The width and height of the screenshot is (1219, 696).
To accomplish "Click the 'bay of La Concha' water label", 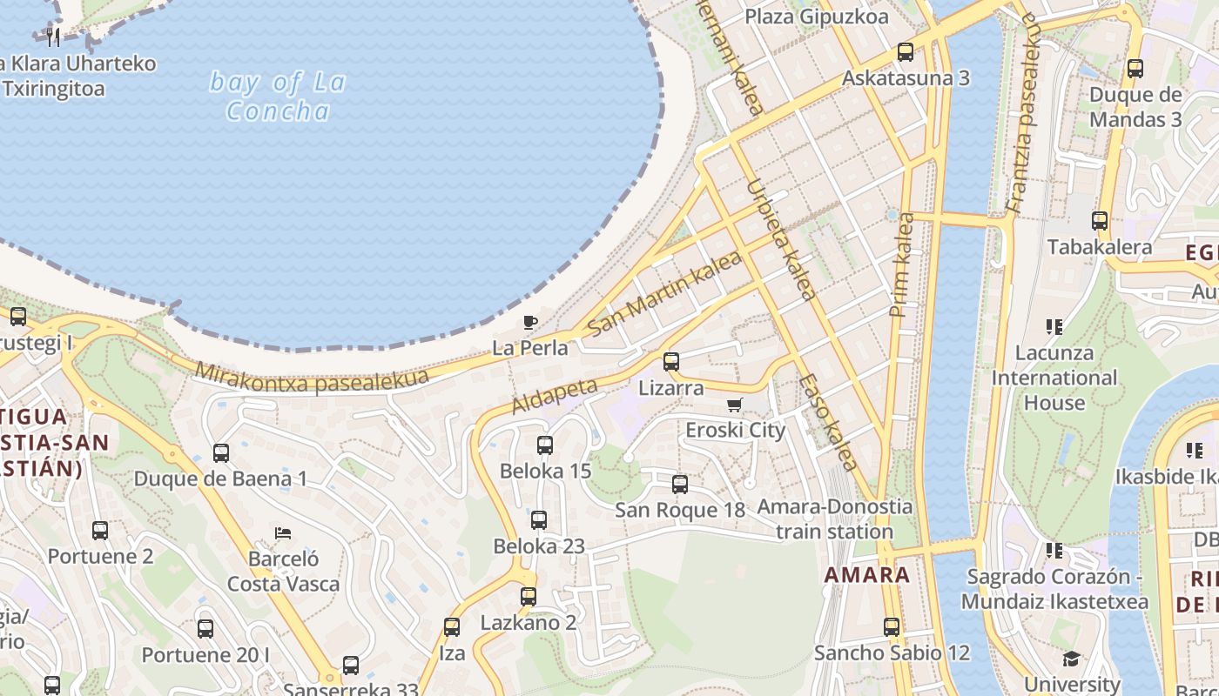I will [x=277, y=97].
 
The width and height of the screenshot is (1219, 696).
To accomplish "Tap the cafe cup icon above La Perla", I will [x=529, y=323].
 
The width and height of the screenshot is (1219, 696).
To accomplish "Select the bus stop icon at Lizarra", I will [x=670, y=362].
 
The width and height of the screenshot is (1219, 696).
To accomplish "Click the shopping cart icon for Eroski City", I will [x=735, y=405].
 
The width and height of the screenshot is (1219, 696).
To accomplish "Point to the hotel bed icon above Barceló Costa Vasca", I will [x=283, y=532].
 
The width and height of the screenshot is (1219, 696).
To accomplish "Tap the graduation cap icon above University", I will [x=1071, y=659].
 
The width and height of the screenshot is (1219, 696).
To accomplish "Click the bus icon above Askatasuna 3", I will [x=906, y=52].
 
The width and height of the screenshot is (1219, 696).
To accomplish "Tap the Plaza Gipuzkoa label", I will [x=817, y=17].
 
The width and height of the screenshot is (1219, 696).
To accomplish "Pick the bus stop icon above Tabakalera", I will [x=1100, y=221].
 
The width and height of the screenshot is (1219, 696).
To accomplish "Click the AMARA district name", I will [x=866, y=574].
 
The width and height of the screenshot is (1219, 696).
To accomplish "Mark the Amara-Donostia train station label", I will [x=834, y=519].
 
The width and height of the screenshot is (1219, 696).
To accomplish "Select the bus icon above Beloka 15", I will [x=545, y=445].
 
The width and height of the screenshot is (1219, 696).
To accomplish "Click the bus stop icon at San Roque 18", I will [x=680, y=485].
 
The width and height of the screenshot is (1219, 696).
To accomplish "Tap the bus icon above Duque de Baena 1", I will [x=221, y=453].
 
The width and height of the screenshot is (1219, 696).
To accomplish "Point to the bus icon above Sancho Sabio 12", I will [x=892, y=627].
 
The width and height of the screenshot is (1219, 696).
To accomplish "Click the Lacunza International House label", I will [x=1054, y=378].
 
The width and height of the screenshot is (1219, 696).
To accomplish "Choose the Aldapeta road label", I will [x=555, y=396].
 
